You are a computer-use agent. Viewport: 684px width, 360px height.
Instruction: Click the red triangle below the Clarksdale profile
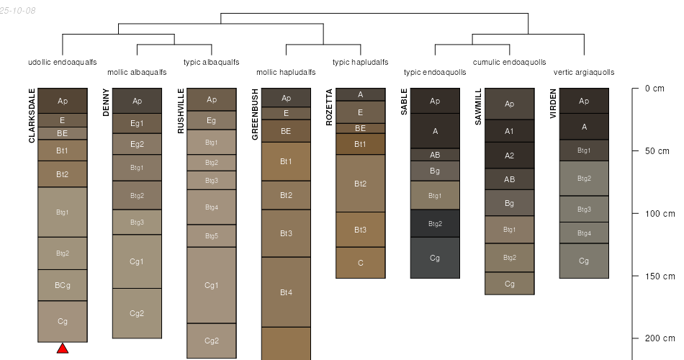(x=63, y=348)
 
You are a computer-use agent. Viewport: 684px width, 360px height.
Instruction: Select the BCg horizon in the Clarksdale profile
(x=63, y=285)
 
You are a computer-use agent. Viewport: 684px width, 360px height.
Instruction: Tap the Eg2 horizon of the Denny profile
(x=137, y=144)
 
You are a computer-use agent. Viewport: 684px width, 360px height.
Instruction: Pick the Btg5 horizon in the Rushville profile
(x=212, y=236)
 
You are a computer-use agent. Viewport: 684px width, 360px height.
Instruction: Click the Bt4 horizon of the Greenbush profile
(x=286, y=292)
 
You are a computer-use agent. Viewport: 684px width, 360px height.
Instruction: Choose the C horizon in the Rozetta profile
(x=361, y=263)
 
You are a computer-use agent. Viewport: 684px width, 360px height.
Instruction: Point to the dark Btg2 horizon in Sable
(x=435, y=223)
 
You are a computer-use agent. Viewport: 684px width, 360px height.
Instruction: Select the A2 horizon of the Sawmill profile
(x=510, y=156)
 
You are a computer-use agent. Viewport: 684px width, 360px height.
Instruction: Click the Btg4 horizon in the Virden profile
(x=584, y=233)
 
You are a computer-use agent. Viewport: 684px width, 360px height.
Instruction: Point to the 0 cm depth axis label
(x=654, y=89)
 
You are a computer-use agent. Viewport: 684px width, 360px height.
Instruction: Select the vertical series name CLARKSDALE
(x=32, y=115)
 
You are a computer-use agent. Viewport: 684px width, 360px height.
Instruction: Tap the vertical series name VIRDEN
(x=554, y=104)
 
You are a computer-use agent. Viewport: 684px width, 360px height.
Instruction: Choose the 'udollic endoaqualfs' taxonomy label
(x=62, y=62)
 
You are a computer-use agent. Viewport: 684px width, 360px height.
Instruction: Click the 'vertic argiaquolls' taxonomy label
(x=584, y=72)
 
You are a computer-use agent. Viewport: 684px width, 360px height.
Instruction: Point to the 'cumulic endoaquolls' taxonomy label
(x=509, y=62)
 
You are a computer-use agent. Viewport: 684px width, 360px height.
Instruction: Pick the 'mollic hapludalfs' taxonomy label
(x=286, y=72)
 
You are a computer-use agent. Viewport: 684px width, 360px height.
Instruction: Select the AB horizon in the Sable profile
(x=435, y=155)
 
